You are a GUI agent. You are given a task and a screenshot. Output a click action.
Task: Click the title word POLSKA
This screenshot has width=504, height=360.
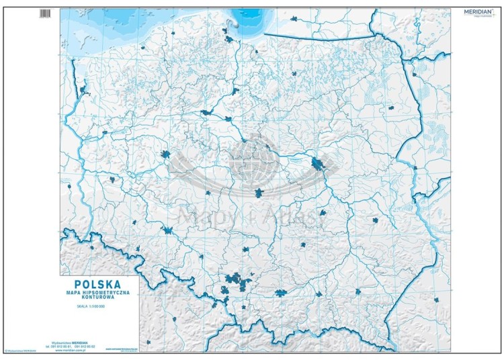coord(99,284)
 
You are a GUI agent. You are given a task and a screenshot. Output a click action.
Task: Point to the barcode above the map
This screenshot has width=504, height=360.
coord(45,13)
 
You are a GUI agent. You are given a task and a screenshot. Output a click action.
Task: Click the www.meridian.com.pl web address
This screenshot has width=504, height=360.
coord(73,350)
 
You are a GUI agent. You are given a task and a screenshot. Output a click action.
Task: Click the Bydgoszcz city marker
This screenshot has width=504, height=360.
coord(206,112)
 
